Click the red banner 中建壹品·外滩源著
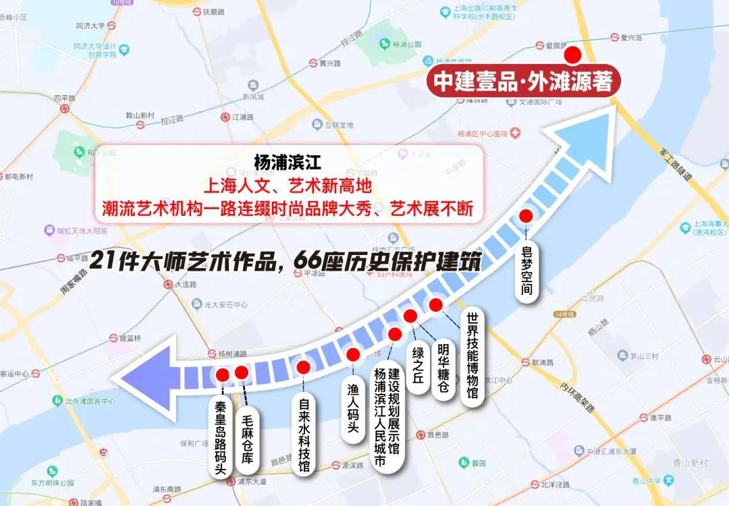522,82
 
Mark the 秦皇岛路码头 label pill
220,440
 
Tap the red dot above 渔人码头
352,355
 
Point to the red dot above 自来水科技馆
304,367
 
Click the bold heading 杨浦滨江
279,164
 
